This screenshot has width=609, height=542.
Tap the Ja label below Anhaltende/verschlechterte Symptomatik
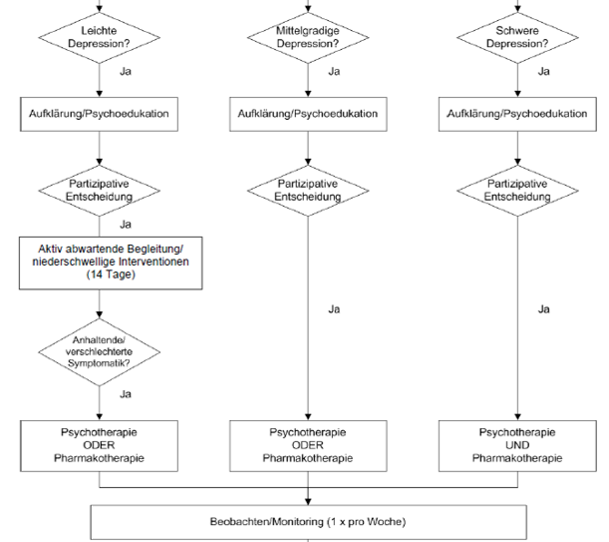tap(125, 393)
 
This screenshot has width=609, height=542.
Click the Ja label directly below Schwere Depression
tap(543, 71)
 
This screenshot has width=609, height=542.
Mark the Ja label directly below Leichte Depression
tap(125, 71)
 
